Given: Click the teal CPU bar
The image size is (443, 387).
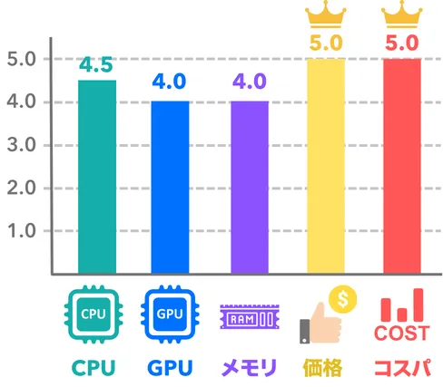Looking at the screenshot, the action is [x=97, y=177].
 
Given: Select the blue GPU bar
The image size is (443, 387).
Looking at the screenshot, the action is [x=170, y=188].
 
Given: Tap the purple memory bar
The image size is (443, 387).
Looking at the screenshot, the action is [x=250, y=188].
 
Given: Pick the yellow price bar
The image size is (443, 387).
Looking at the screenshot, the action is [x=326, y=166].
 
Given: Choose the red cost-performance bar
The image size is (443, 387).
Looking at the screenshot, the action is [x=402, y=166].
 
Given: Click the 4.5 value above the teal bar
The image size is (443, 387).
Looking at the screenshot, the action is [x=96, y=64].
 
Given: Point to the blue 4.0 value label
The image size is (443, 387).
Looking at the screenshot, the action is [x=169, y=82].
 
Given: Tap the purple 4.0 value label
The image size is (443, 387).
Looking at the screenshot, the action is [x=250, y=82].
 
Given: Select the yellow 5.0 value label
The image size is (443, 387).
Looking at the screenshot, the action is [x=326, y=43].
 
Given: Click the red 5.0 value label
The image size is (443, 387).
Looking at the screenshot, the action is [x=402, y=43].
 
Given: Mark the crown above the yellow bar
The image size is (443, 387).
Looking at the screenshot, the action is [x=326, y=15].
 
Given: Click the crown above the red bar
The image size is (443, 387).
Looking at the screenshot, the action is [x=402, y=15].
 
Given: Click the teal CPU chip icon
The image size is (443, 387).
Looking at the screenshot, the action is [x=94, y=314].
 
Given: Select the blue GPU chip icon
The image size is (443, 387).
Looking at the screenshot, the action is [x=170, y=314].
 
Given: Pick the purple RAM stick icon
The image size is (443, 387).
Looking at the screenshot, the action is [x=250, y=316].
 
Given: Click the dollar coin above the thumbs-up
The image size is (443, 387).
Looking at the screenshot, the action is [x=343, y=299].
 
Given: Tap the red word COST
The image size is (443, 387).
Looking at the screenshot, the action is [x=402, y=334].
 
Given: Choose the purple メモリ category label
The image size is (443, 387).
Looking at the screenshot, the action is [x=249, y=367].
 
